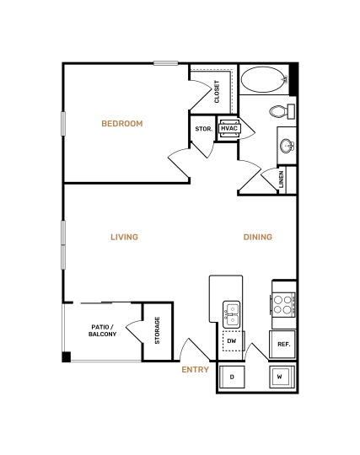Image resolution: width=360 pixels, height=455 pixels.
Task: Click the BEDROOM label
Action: tap(122, 124)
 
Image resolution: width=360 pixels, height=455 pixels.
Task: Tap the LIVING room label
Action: tap(124, 237)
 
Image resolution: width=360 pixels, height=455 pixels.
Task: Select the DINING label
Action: tap(257, 237)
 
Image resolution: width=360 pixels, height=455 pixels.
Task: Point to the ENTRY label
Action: tap(195, 369)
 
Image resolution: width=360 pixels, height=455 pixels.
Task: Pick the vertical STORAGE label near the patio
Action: tap(157, 330)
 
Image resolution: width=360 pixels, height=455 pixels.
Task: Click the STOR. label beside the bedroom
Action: tap(203, 130)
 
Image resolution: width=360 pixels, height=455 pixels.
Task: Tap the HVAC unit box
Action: tap(228, 128)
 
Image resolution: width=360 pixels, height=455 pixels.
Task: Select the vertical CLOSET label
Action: tap(218, 91)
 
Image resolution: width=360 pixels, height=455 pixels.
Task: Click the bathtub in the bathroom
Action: tap(264, 81)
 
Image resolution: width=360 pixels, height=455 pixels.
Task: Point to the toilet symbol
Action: tap(279, 111)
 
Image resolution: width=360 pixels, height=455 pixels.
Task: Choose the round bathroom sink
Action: tap(287, 145)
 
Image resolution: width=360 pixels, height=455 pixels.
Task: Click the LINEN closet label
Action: tap(282, 179)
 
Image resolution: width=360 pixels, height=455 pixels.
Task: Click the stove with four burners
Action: tap(283, 304)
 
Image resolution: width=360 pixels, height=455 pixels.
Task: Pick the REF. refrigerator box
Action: tap(283, 344)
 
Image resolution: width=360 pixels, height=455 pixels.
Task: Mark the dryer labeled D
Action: tap(232, 376)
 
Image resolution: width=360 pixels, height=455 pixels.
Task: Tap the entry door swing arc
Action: tap(193, 347)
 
